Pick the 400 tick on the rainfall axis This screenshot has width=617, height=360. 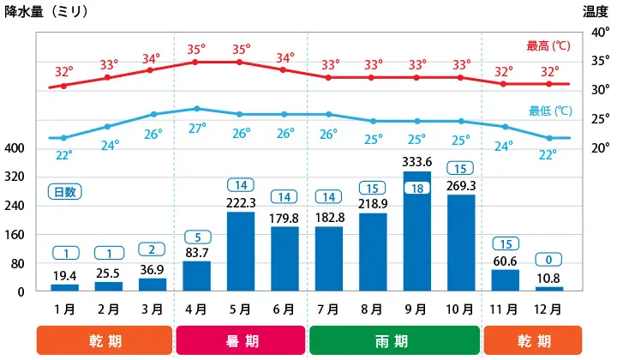15,148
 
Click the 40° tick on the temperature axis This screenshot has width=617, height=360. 601,33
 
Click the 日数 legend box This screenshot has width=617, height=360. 64,192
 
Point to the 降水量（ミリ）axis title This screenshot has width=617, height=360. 46,11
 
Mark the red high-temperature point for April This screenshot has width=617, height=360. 196,62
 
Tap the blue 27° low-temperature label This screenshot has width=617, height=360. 197,129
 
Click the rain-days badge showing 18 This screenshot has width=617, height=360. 416,189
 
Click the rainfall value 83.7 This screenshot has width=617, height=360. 196,252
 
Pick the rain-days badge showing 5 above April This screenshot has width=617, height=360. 196,237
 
